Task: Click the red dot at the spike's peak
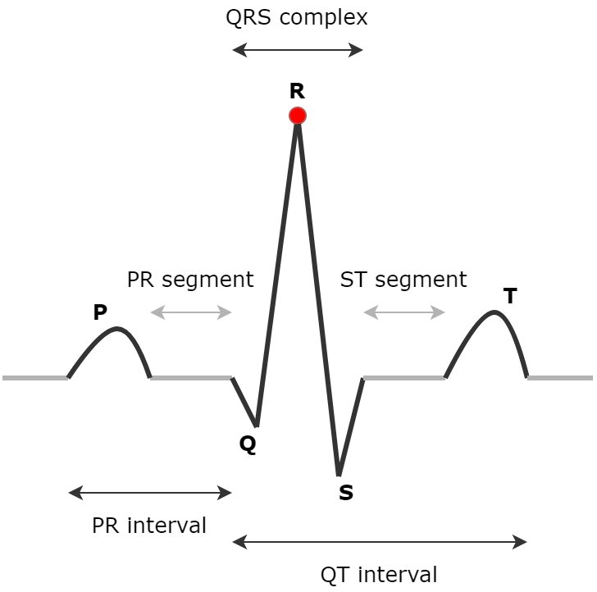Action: (298, 116)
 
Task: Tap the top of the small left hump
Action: (118, 329)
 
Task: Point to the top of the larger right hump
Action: (494, 312)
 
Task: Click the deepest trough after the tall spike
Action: (339, 474)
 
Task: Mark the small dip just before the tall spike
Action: (257, 425)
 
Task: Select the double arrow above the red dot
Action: (298, 50)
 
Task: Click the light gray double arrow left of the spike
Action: (191, 312)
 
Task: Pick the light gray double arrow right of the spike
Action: (404, 312)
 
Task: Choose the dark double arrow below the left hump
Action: (150, 493)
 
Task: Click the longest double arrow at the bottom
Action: (380, 542)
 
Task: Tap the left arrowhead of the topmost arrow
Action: (238, 50)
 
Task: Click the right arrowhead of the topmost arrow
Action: (358, 50)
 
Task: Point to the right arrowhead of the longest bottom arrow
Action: (521, 542)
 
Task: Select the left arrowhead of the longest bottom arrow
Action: (238, 542)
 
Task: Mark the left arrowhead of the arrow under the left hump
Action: (74, 493)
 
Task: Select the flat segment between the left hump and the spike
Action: (191, 378)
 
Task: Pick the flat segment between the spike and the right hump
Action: (404, 378)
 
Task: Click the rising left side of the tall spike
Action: (277, 271)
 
